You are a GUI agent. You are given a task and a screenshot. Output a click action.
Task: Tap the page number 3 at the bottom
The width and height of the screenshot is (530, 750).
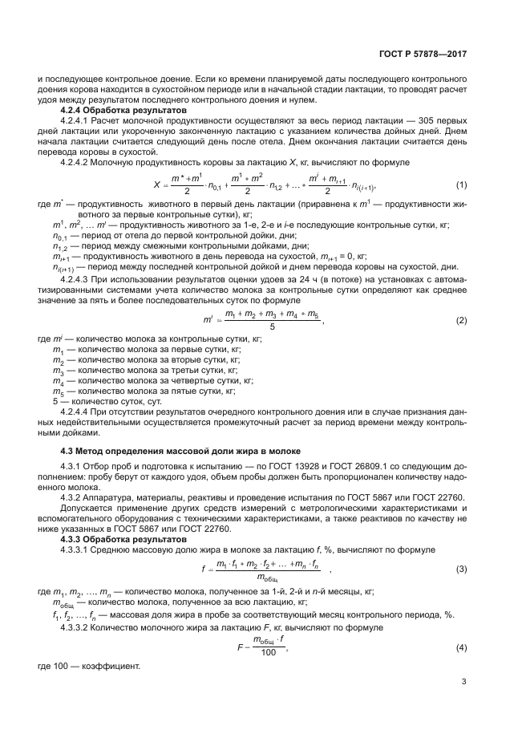click(x=464, y=682)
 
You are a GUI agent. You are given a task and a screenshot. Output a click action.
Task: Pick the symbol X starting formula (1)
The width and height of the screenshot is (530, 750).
click(x=157, y=184)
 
